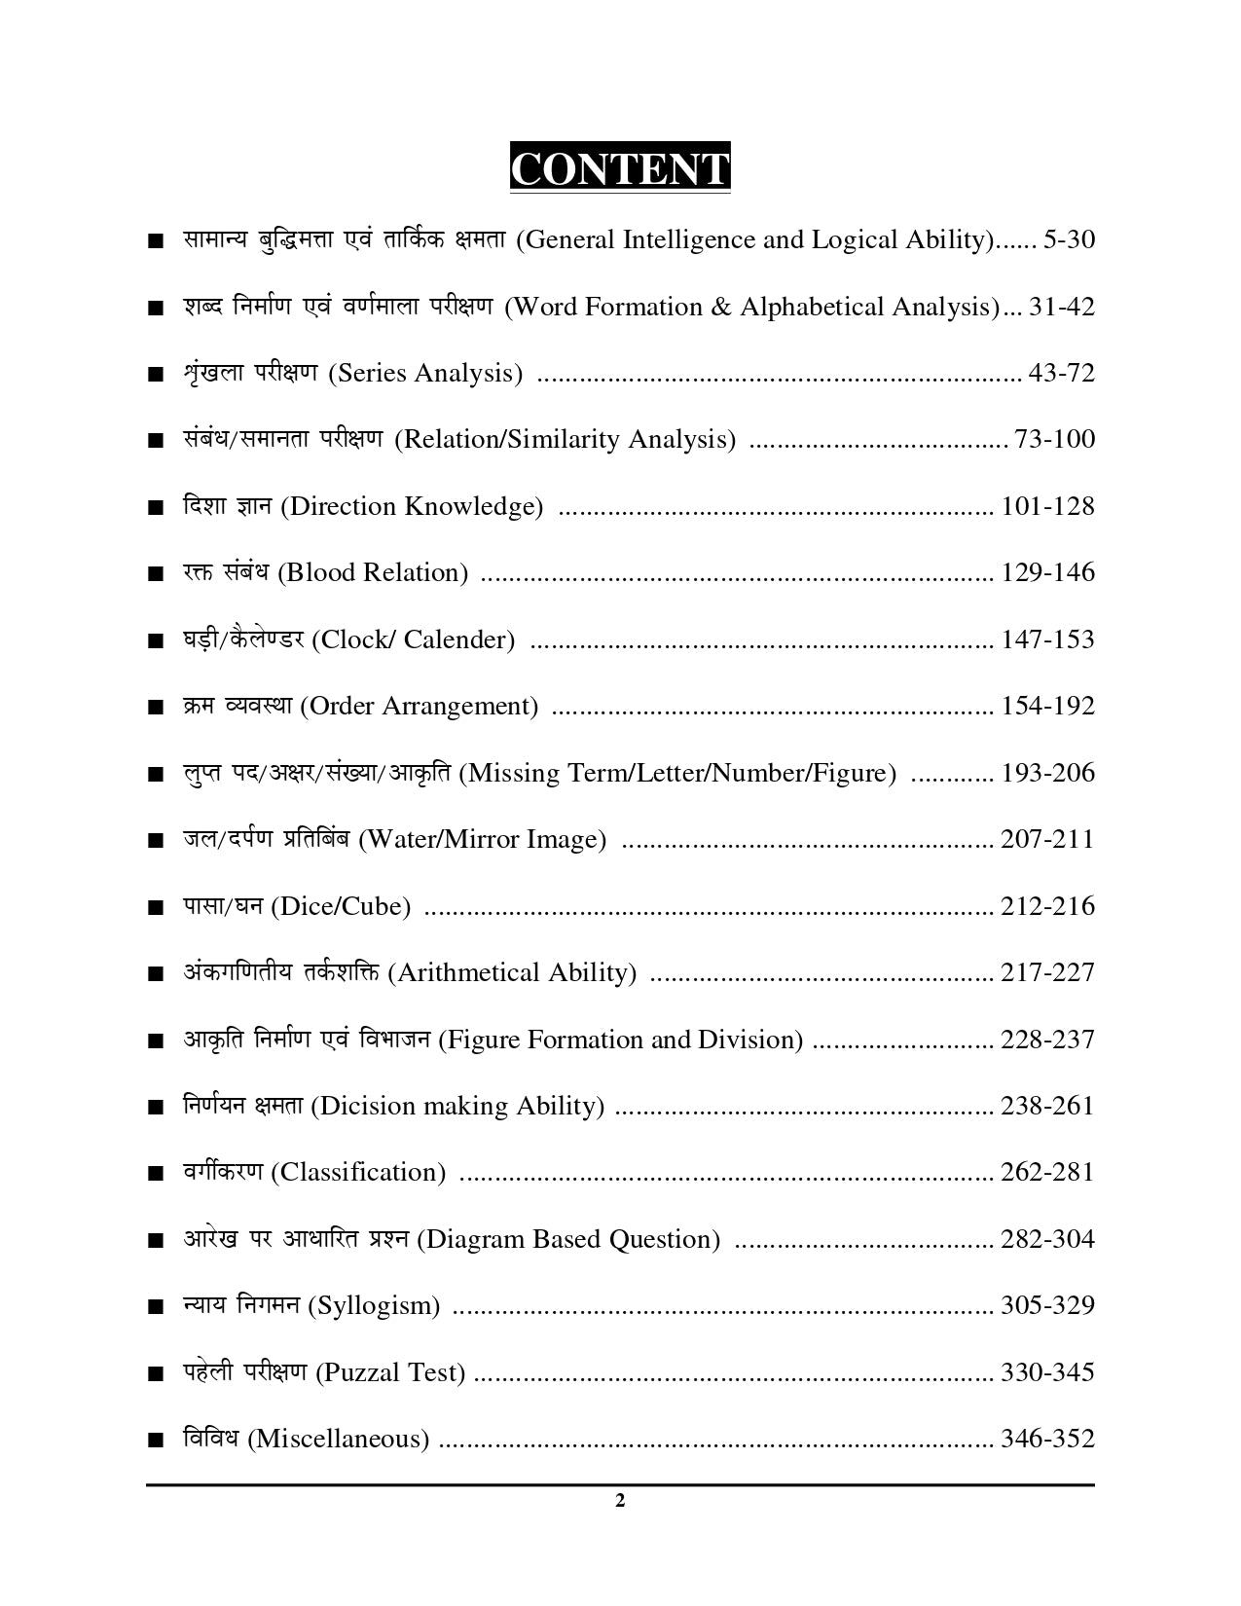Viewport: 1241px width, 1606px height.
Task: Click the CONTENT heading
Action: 620,169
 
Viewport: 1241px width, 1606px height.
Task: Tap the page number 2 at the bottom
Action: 620,1500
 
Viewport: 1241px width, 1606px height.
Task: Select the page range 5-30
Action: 1068,239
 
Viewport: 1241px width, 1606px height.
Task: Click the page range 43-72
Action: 1061,373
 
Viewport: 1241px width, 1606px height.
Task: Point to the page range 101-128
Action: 1047,506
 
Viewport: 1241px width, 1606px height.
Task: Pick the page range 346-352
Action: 1047,1439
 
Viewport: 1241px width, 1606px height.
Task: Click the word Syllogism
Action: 374,1306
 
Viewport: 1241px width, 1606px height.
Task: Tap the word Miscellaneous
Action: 339,1439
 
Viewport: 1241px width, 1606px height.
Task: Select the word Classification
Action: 357,1173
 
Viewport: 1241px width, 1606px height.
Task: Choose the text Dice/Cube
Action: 340,907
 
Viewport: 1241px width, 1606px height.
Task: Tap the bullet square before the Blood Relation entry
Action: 154,574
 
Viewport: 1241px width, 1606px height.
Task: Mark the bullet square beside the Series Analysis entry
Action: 154,375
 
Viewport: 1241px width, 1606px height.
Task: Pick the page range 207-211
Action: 1047,839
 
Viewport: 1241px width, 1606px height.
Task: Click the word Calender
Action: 458,640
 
